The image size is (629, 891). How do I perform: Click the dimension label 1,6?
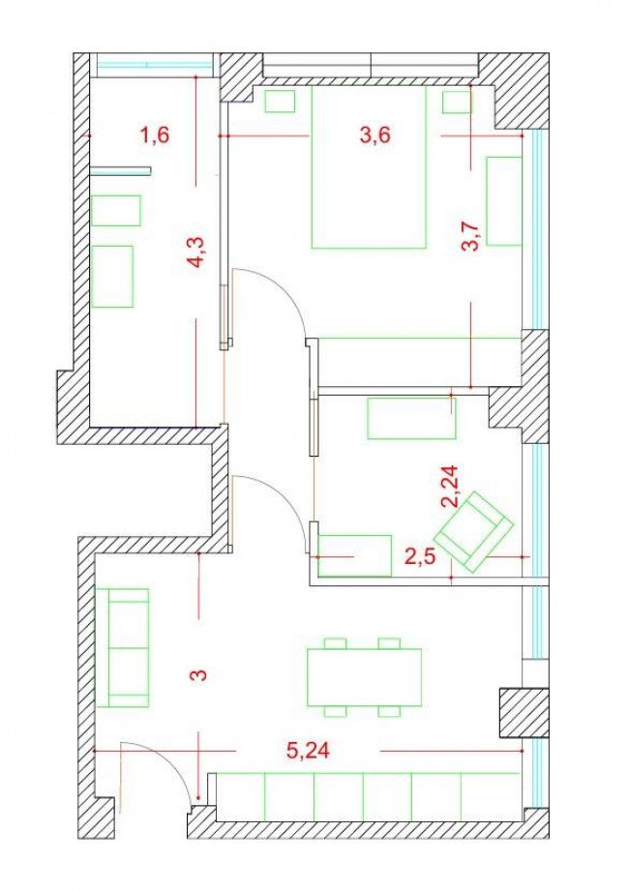155,135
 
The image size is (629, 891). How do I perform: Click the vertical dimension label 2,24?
449,485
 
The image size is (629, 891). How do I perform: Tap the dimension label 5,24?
307,752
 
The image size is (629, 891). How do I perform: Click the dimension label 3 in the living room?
197,674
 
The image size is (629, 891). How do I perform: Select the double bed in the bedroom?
368,166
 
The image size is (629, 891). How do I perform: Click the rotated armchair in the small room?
473,531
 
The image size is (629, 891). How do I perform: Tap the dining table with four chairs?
364,677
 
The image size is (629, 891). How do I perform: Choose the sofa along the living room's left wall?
129,646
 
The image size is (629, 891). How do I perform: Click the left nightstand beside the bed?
280,102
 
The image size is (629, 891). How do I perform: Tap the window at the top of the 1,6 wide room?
154,65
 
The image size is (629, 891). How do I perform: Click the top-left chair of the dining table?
335,642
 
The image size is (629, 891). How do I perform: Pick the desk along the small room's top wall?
410,419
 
